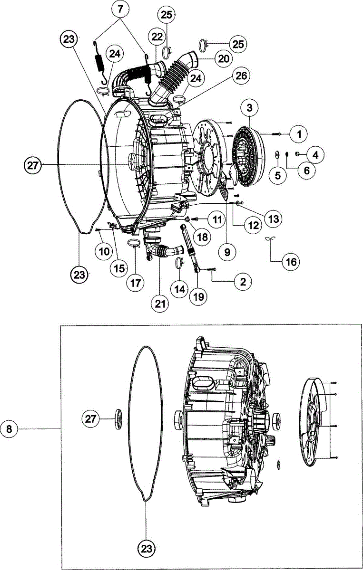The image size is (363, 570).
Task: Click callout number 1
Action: coord(299,134)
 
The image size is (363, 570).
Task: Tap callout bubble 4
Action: coord(315,154)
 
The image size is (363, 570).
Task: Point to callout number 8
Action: coord(10,428)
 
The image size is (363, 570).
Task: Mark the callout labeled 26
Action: coord(241,76)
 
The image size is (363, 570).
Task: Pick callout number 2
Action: coord(243,282)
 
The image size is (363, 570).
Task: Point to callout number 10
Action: coord(104,251)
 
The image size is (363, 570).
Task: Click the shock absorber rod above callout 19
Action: coord(189,245)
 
